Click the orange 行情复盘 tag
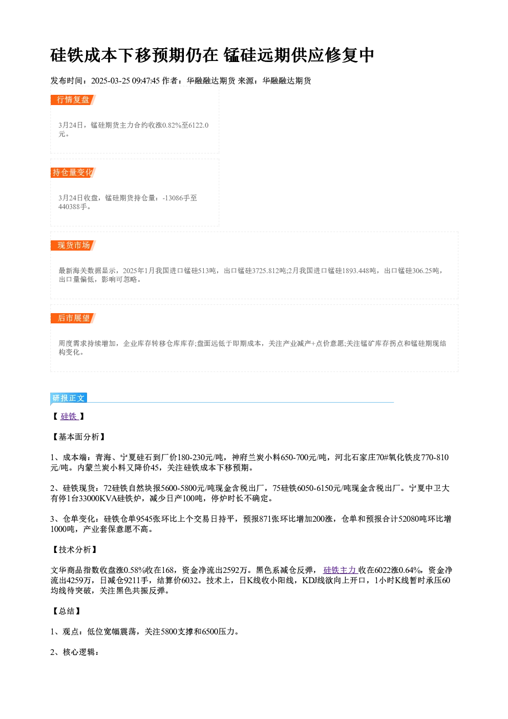(x=73, y=100)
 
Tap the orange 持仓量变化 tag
(x=73, y=173)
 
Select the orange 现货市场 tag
(x=73, y=245)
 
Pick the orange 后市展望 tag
(x=73, y=318)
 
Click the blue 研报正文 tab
(x=69, y=398)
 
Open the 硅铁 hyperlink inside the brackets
(x=70, y=417)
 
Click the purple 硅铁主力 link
(x=341, y=570)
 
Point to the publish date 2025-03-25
(x=110, y=81)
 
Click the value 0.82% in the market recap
(x=172, y=125)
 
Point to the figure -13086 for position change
(x=173, y=198)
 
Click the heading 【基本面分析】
(x=78, y=437)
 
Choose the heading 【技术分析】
(x=74, y=550)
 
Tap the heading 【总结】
(x=66, y=611)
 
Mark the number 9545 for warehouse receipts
(x=144, y=519)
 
